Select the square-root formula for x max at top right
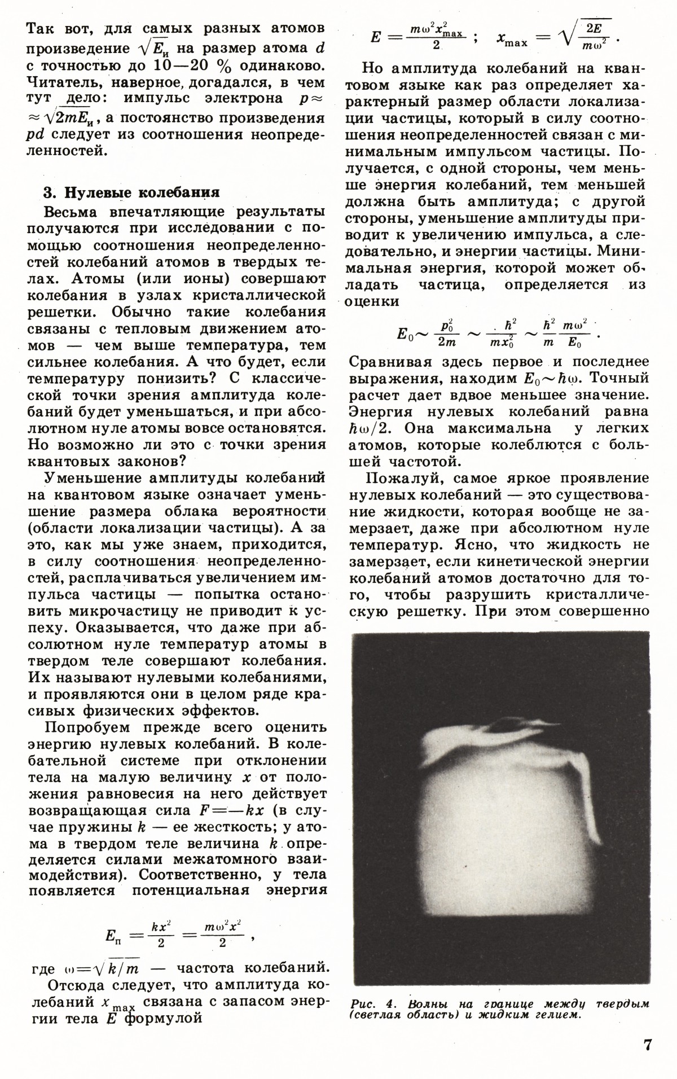[x=559, y=38]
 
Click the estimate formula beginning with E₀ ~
[x=496, y=334]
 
